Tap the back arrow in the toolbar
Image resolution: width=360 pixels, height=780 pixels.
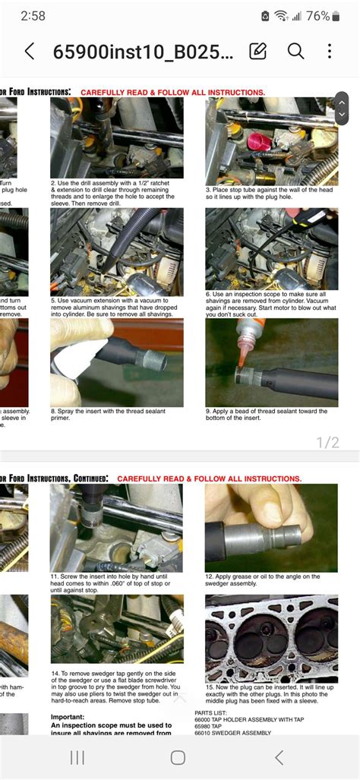[x=30, y=51]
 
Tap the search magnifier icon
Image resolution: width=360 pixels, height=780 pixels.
[x=295, y=51]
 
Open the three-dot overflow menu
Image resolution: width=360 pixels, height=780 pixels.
[x=330, y=51]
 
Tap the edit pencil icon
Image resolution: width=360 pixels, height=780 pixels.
[x=258, y=51]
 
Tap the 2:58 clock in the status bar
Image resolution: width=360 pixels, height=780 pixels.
[x=35, y=16]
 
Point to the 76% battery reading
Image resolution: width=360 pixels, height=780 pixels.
[x=318, y=16]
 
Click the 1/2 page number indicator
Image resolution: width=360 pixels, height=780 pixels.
[x=327, y=442]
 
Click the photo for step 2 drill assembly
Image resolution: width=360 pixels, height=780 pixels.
[x=116, y=137]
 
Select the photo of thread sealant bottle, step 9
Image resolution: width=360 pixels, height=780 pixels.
[x=271, y=362]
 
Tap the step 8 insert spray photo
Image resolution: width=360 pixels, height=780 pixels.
[x=116, y=362]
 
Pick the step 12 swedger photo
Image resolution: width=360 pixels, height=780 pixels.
[x=271, y=528]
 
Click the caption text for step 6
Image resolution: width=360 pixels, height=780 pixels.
[x=270, y=303]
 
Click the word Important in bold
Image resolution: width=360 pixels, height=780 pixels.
[x=73, y=717]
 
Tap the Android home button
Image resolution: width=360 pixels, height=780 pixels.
[x=178, y=757]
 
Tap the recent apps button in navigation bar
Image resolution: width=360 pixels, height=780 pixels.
[x=77, y=757]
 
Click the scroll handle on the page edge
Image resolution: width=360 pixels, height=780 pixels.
[x=342, y=108]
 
